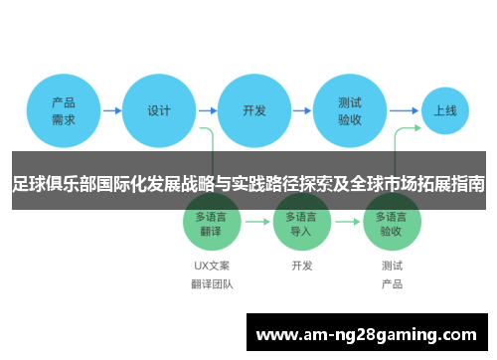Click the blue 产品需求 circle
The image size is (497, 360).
(x=64, y=110)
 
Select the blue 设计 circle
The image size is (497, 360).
(x=159, y=110)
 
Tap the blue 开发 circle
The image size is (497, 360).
(x=254, y=110)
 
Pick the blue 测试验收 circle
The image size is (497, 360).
(x=350, y=110)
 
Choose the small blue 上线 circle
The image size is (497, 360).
(x=444, y=110)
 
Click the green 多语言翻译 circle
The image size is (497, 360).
(x=212, y=222)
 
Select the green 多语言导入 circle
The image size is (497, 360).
(x=302, y=222)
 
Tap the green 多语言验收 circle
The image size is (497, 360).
(x=392, y=222)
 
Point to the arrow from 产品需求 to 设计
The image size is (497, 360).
(x=111, y=110)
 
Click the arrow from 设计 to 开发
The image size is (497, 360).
(x=207, y=110)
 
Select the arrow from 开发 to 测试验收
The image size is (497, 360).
(x=302, y=110)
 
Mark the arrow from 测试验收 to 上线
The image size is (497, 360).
(x=403, y=110)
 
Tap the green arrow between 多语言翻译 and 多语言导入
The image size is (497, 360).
(x=256, y=222)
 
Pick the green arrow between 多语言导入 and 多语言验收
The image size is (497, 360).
(x=347, y=222)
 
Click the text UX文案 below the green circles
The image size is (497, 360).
(x=212, y=266)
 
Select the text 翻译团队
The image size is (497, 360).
(x=212, y=283)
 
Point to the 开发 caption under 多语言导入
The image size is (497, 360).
(x=302, y=266)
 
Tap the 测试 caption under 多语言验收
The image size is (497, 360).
(x=392, y=266)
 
